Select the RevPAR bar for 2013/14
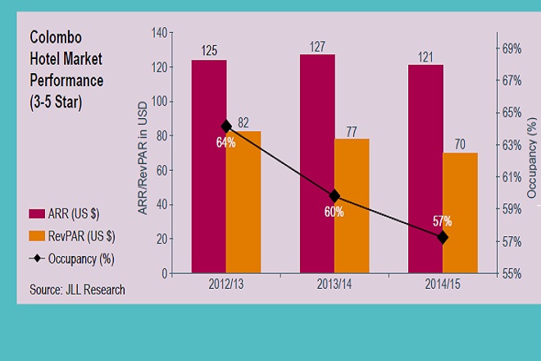click(x=352, y=205)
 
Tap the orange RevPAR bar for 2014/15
click(x=460, y=212)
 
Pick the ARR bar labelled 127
click(x=317, y=163)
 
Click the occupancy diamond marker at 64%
click(x=226, y=126)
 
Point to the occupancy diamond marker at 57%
click(x=443, y=237)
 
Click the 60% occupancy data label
click(x=334, y=212)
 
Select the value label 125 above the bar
click(x=209, y=51)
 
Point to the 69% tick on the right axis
click(x=511, y=49)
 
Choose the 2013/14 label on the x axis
click(x=334, y=283)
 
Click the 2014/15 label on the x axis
click(x=443, y=283)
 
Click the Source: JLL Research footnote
click(x=77, y=289)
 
